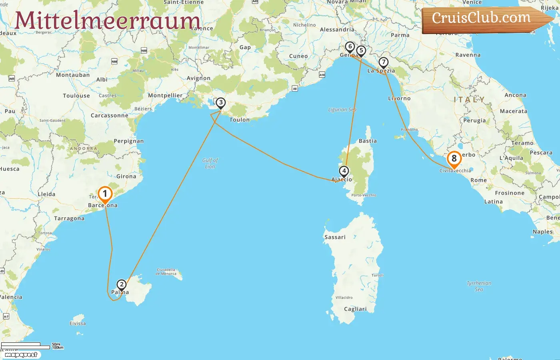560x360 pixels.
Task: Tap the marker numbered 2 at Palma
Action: [x=121, y=285]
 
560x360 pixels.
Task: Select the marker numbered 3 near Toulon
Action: [x=220, y=103]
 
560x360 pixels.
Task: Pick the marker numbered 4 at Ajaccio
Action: [x=344, y=171]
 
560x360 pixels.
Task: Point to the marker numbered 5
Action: [x=361, y=51]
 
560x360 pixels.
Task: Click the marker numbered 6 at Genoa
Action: [x=350, y=47]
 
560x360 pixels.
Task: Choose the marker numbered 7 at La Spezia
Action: [x=383, y=62]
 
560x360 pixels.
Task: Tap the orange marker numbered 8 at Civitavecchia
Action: [x=454, y=159]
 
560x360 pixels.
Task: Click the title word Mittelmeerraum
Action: [x=107, y=21]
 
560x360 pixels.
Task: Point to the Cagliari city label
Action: [x=355, y=309]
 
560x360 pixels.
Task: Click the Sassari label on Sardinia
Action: [x=335, y=237]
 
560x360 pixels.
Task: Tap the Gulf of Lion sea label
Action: [x=210, y=163]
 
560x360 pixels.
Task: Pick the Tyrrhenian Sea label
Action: [x=479, y=286]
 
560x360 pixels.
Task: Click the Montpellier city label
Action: [x=165, y=96]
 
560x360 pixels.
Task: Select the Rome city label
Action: [x=478, y=180]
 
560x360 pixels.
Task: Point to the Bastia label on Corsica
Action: [x=368, y=141]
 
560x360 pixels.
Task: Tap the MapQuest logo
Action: [x=21, y=355]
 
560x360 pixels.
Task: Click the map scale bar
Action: [x=26, y=346]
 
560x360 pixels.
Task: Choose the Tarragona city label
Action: [x=69, y=219]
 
